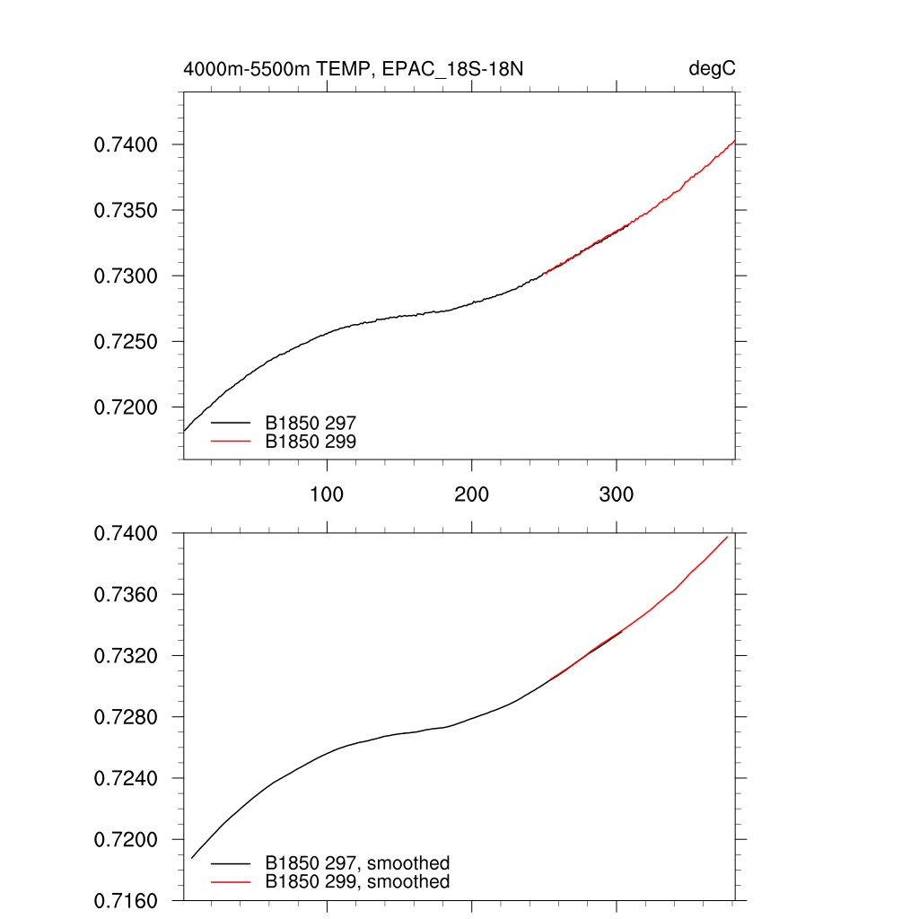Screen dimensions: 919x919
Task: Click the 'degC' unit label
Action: click(x=713, y=69)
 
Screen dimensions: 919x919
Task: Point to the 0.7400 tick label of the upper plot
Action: click(x=127, y=144)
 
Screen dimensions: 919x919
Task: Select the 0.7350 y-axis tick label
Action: click(x=127, y=211)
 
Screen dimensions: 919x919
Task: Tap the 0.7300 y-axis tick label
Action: click(x=127, y=276)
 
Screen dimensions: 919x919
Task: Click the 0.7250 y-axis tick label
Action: click(x=127, y=342)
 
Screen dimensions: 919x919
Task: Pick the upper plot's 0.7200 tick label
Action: click(x=127, y=407)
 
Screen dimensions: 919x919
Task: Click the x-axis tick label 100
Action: click(x=327, y=495)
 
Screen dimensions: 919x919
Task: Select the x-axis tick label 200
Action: click(x=471, y=495)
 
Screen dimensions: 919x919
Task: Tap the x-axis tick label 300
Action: click(x=617, y=495)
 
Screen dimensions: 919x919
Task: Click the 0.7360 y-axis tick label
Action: click(x=127, y=595)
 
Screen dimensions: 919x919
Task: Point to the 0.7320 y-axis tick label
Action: click(x=127, y=656)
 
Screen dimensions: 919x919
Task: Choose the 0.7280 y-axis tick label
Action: click(x=127, y=717)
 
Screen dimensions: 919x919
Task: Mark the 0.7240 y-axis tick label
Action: click(x=127, y=778)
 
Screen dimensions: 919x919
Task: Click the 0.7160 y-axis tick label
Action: click(x=127, y=900)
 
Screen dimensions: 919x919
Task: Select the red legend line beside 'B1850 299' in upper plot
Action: click(x=230, y=441)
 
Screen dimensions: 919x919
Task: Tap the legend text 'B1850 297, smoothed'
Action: click(x=357, y=863)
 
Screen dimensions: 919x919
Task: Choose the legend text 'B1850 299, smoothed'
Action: click(x=357, y=882)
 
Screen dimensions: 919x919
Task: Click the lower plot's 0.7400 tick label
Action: click(x=127, y=534)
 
